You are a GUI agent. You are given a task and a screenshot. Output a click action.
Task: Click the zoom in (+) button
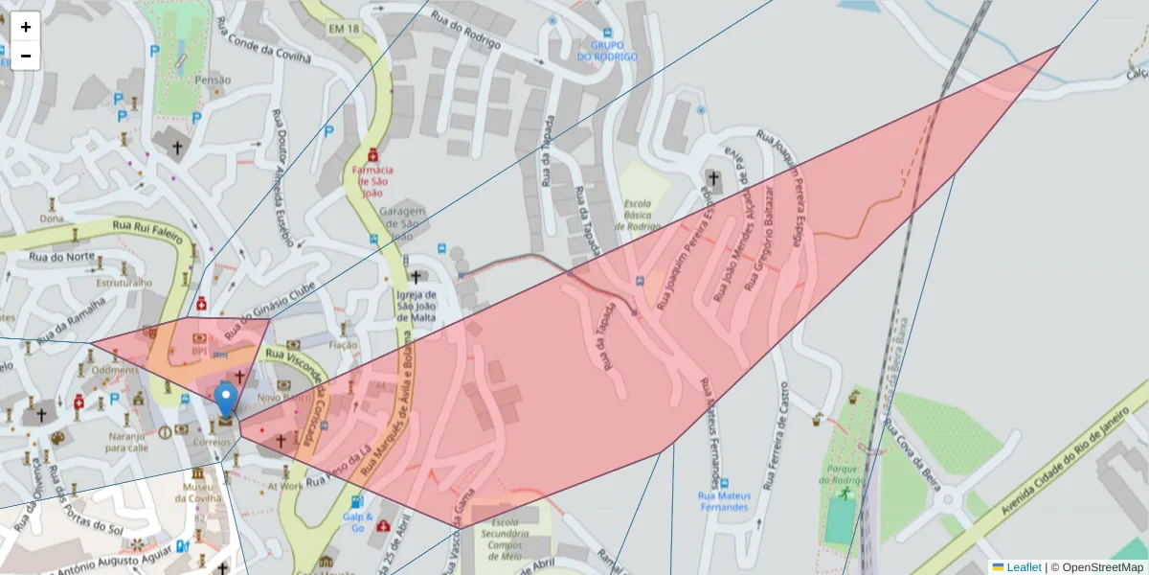(26, 27)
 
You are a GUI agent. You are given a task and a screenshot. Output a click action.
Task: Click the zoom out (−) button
(26, 56)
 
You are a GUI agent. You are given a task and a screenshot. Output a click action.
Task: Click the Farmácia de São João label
(372, 180)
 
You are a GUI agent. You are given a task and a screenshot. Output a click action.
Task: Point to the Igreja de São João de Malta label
(417, 306)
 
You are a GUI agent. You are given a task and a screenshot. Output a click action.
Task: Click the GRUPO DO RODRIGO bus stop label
(607, 51)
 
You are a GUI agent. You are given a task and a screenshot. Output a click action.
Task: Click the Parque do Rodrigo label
(843, 474)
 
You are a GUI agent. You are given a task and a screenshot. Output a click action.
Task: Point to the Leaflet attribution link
(1023, 567)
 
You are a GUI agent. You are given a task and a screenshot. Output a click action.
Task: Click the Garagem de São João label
(402, 223)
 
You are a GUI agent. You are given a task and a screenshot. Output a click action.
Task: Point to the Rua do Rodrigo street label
(466, 30)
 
